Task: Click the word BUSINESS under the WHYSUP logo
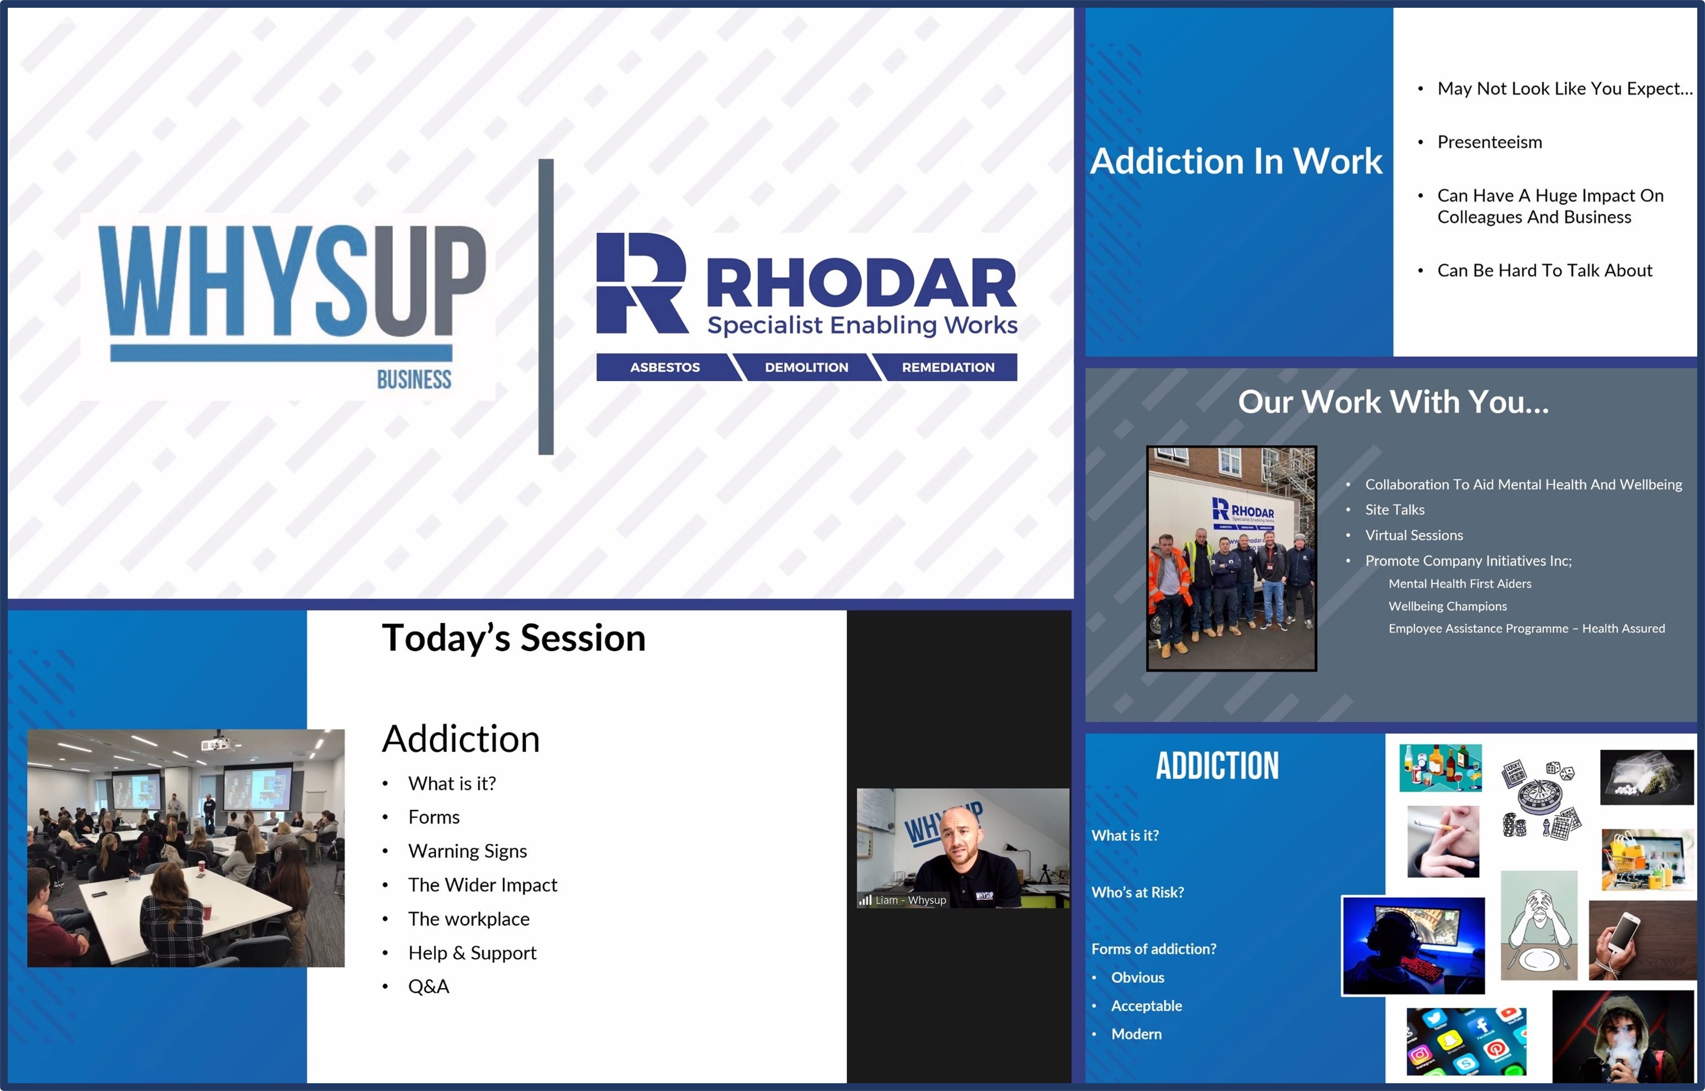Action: point(414,380)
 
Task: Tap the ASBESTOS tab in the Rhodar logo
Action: point(664,367)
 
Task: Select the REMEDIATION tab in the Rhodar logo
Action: point(948,367)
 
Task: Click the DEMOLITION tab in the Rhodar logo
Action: point(806,367)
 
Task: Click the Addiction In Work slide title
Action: point(1236,161)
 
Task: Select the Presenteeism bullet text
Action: point(1489,143)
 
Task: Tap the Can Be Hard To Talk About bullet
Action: point(1544,271)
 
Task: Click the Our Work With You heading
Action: point(1392,402)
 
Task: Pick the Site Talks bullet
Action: point(1394,509)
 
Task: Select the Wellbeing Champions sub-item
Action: point(1447,606)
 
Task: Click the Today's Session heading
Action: point(514,637)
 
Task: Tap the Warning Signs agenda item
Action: point(467,851)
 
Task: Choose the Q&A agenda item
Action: point(429,986)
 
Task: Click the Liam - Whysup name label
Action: point(910,900)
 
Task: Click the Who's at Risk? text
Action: point(1137,892)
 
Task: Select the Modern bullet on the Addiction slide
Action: point(1136,1034)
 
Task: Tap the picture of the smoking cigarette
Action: point(1443,841)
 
